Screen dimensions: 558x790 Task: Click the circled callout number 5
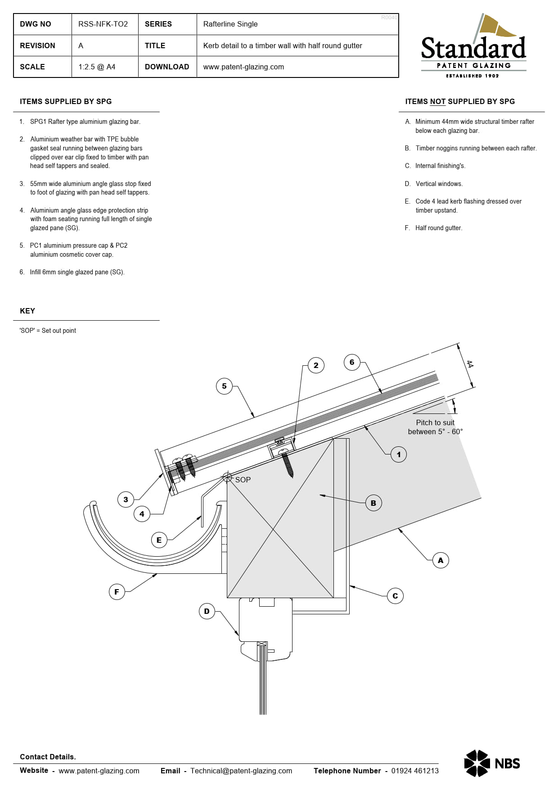pos(224,386)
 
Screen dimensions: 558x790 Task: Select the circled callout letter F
pos(117,592)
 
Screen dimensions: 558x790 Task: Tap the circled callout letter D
pos(207,611)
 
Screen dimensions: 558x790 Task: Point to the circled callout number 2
pos(316,365)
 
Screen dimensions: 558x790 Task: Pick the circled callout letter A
pos(441,560)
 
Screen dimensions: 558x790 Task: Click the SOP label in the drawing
pos(243,480)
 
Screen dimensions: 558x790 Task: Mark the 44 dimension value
pos(470,364)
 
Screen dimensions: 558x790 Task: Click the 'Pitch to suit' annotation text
pos(435,422)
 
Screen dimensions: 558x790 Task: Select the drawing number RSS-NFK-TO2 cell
pos(103,24)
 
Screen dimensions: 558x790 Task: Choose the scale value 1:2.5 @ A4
pos(97,67)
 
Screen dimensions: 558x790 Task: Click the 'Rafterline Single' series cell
pos(230,24)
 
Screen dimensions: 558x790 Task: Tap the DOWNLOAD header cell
pos(167,67)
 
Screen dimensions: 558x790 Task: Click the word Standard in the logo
pos(473,48)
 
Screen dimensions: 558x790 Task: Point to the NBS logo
pos(492,763)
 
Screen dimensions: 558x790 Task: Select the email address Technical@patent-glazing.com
pos(241,771)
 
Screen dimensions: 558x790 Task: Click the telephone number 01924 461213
pos(415,771)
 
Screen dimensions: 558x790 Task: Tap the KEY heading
pos(27,311)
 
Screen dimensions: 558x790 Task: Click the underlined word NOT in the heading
pos(438,102)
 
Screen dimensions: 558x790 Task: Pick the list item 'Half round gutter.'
pos(439,228)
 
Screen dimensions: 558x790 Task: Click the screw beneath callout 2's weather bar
pos(287,463)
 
